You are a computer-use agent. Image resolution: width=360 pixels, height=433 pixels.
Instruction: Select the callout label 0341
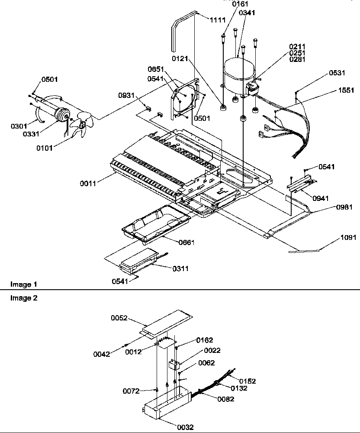[x=247, y=13]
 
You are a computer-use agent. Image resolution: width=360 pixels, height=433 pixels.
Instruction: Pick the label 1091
[x=349, y=237]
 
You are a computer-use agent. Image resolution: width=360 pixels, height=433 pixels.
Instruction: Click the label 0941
[x=320, y=198]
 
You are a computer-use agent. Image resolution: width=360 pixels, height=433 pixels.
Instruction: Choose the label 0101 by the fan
[x=45, y=148]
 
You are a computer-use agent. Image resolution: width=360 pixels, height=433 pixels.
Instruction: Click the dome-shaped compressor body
[x=238, y=74]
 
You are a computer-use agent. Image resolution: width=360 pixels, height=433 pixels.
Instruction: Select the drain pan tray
[x=156, y=223]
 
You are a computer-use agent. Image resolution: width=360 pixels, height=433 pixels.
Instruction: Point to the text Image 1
[x=21, y=284]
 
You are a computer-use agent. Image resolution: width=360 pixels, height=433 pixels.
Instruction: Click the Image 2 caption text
[x=21, y=298]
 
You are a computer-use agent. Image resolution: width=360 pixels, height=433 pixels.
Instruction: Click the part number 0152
[x=247, y=381]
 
